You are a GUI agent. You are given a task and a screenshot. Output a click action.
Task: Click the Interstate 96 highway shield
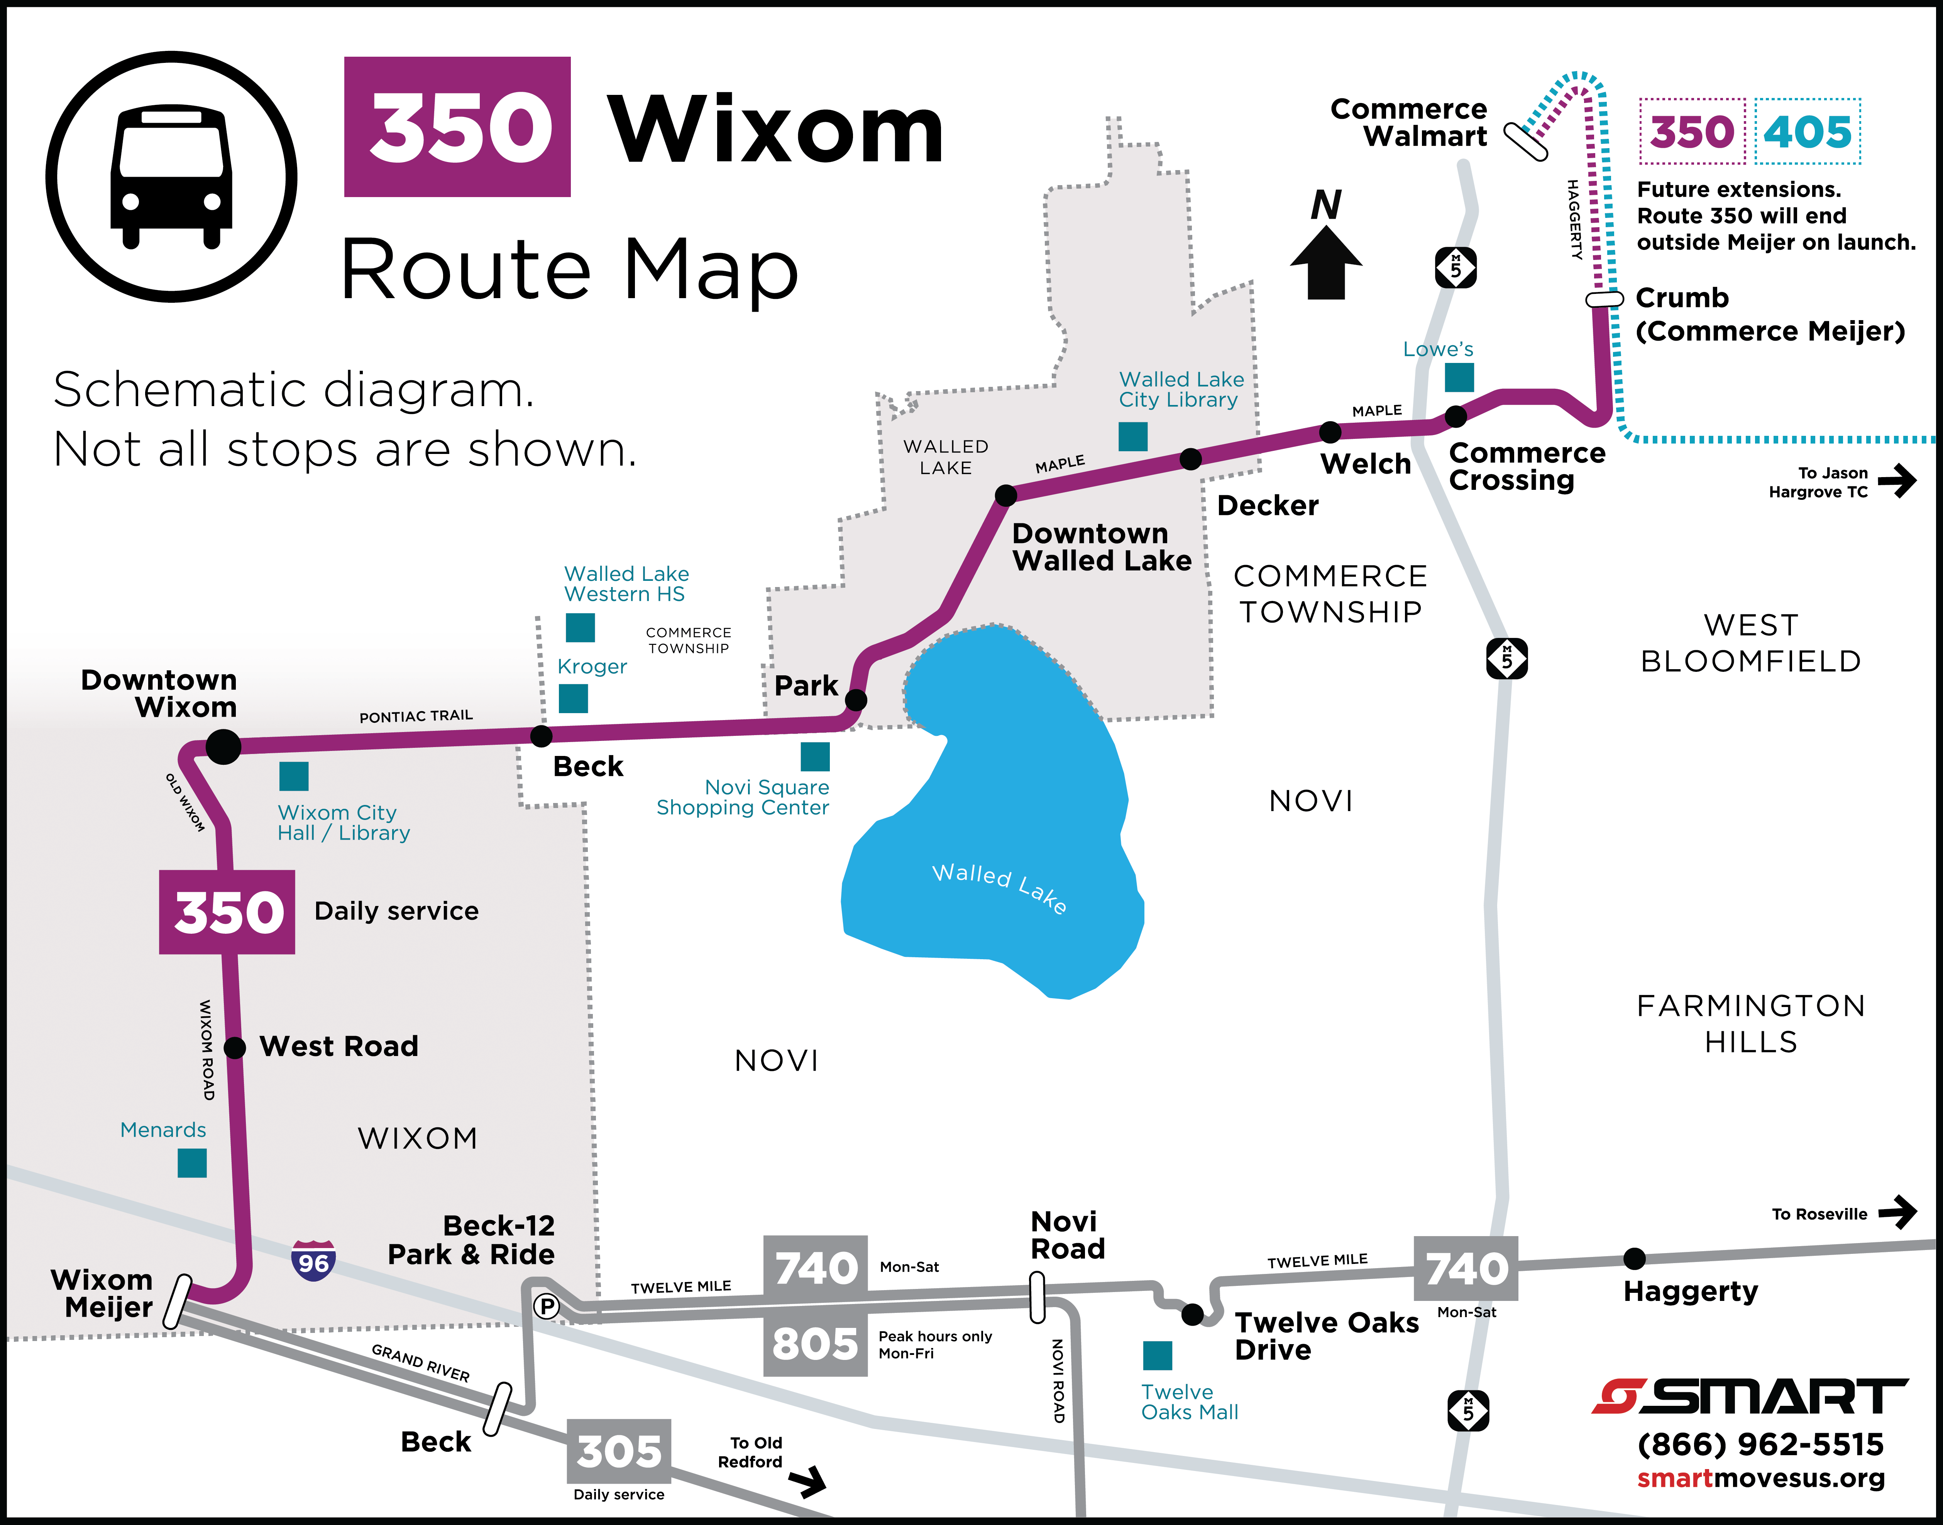(x=313, y=1261)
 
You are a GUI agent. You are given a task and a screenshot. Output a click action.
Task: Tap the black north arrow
(x=1327, y=261)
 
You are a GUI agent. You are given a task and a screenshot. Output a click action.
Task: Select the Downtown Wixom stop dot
(x=223, y=746)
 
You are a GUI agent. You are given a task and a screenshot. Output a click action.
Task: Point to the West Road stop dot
(x=235, y=1047)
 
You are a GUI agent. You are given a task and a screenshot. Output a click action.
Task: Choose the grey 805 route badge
(x=815, y=1343)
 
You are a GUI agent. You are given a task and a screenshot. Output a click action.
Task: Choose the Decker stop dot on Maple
(x=1191, y=459)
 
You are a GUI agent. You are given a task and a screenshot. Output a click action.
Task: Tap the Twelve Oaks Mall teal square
(x=1158, y=1355)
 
